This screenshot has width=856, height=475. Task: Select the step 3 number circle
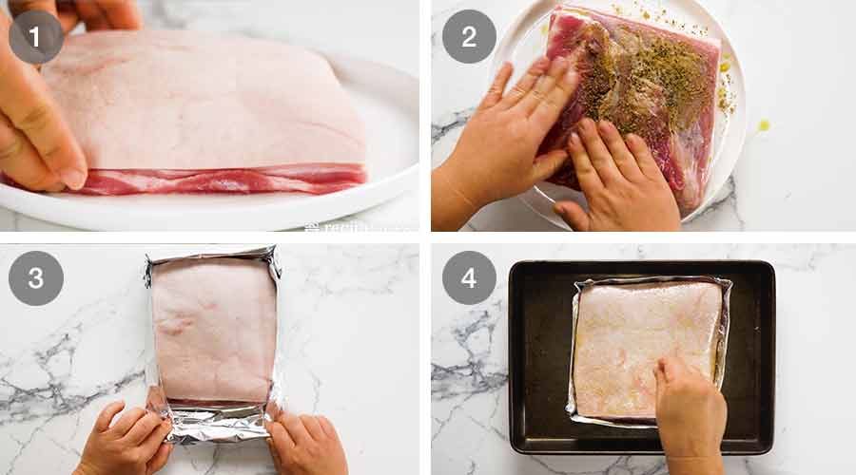[x=36, y=277]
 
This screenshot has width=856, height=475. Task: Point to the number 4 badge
[x=469, y=277]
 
